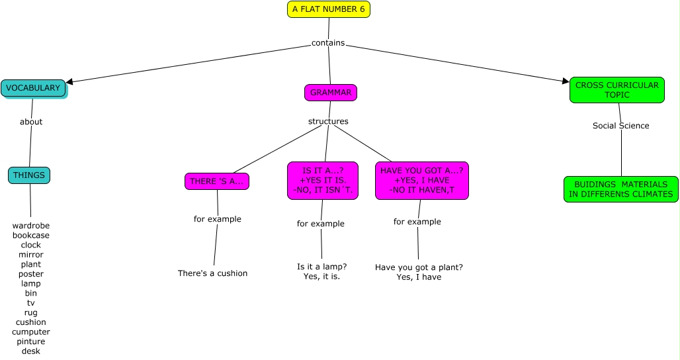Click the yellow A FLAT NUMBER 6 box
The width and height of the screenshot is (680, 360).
(x=329, y=9)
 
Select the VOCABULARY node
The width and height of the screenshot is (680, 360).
(x=33, y=88)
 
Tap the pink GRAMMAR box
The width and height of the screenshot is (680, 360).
(x=331, y=93)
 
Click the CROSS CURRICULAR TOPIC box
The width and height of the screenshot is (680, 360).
(x=616, y=90)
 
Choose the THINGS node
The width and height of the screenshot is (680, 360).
(x=29, y=175)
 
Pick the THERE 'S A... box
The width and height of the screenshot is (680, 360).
(x=217, y=181)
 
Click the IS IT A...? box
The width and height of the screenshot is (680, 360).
(x=323, y=181)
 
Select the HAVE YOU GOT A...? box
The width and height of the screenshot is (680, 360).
(x=421, y=181)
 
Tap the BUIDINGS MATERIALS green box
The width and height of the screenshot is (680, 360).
(x=620, y=189)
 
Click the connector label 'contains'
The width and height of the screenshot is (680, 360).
(x=328, y=43)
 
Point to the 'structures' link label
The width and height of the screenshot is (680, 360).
(x=328, y=121)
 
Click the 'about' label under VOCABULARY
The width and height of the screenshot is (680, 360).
(x=31, y=122)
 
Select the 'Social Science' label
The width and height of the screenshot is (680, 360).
(x=620, y=126)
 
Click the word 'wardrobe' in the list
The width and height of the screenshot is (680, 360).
(x=31, y=226)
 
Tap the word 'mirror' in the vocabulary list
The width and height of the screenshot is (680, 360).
(x=31, y=255)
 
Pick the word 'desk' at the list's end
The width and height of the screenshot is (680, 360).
(x=31, y=351)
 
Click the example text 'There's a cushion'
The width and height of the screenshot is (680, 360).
(x=212, y=273)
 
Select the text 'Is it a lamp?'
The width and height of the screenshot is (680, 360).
(x=322, y=267)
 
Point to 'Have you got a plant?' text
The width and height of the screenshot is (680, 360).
(x=419, y=267)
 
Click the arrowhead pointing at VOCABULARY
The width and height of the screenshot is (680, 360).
(x=69, y=82)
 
